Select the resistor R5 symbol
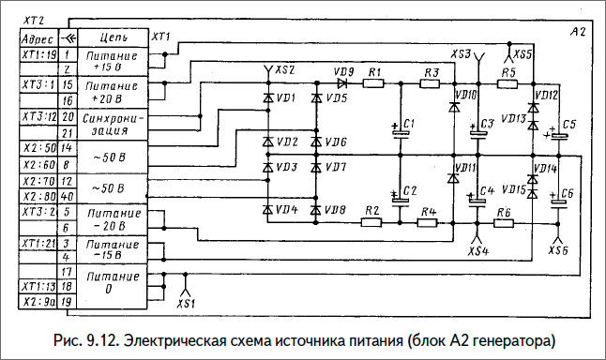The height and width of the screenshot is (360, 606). coord(508,84)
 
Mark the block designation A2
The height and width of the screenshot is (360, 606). coord(577,33)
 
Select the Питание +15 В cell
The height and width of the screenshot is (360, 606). coord(114,62)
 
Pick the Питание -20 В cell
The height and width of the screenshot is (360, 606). coord(114,219)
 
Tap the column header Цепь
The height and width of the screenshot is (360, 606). coord(114,39)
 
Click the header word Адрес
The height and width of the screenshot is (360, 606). coord(37,39)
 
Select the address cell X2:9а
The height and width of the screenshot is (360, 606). coord(38,302)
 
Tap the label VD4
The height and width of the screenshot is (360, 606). coord(287,210)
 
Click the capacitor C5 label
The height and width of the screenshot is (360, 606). coord(571,124)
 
